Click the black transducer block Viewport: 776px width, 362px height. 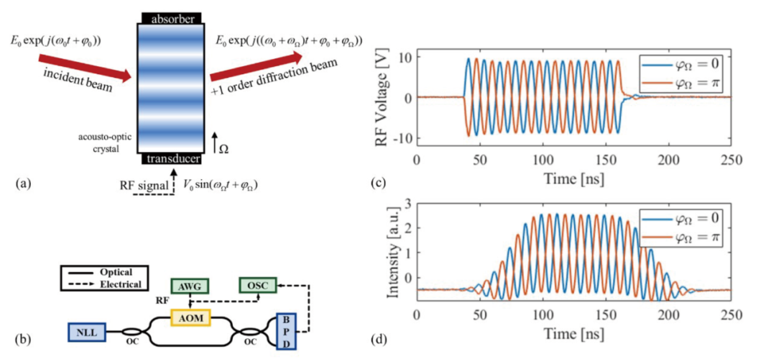172,160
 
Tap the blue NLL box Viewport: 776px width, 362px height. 87,332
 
